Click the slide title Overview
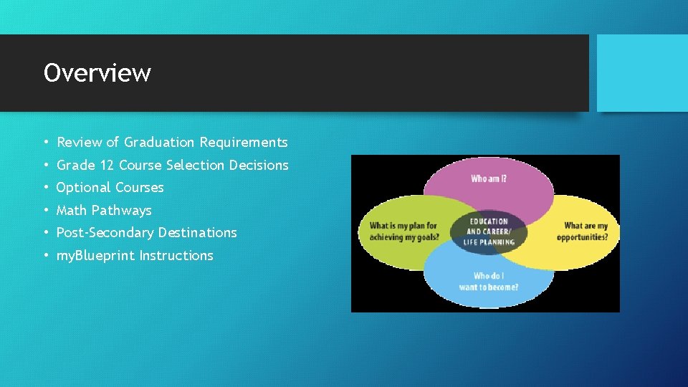(x=97, y=73)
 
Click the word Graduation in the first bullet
(x=159, y=143)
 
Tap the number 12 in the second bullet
(x=107, y=165)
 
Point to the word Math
(x=72, y=211)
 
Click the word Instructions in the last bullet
(x=176, y=256)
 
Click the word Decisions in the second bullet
(x=259, y=165)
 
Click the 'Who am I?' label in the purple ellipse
(x=489, y=179)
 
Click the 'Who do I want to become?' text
(x=489, y=282)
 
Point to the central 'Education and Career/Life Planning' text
(x=489, y=231)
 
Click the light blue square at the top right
(x=642, y=73)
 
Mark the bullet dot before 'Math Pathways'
(x=44, y=211)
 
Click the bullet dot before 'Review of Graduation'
(x=44, y=143)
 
